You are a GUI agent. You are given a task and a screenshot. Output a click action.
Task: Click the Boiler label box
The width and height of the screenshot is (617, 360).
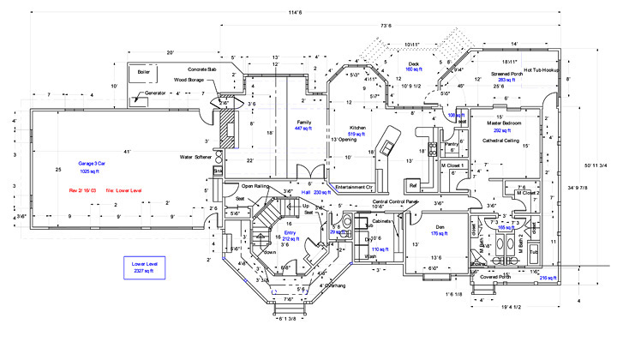[x=143, y=72]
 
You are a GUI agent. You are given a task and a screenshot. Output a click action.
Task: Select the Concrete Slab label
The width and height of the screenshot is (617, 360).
[x=204, y=69]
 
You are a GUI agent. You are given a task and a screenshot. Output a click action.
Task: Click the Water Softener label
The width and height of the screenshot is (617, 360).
[x=195, y=158]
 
